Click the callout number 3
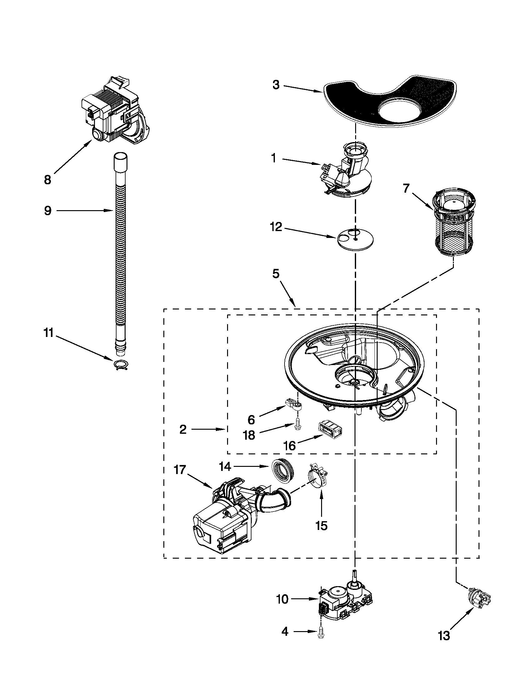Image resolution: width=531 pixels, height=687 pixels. pyautogui.click(x=276, y=85)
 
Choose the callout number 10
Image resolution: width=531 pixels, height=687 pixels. pyautogui.click(x=282, y=600)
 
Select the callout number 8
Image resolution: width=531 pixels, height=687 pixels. pyautogui.click(x=47, y=180)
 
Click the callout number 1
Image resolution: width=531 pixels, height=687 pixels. pyautogui.click(x=274, y=158)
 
